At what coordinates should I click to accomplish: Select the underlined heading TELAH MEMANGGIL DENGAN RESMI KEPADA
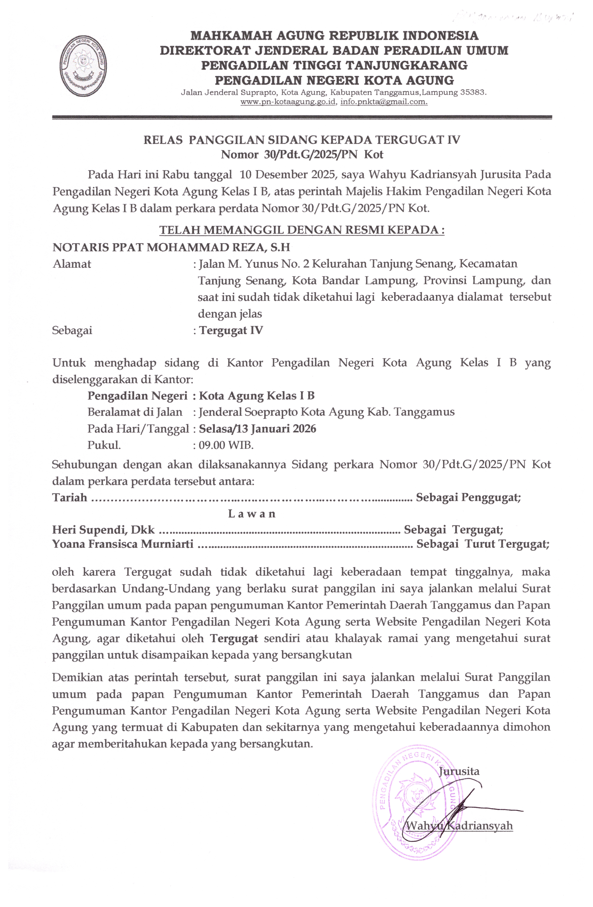301,230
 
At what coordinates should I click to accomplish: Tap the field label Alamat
72,264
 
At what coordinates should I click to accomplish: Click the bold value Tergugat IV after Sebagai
231,330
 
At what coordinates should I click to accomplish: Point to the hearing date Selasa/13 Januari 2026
258,429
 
